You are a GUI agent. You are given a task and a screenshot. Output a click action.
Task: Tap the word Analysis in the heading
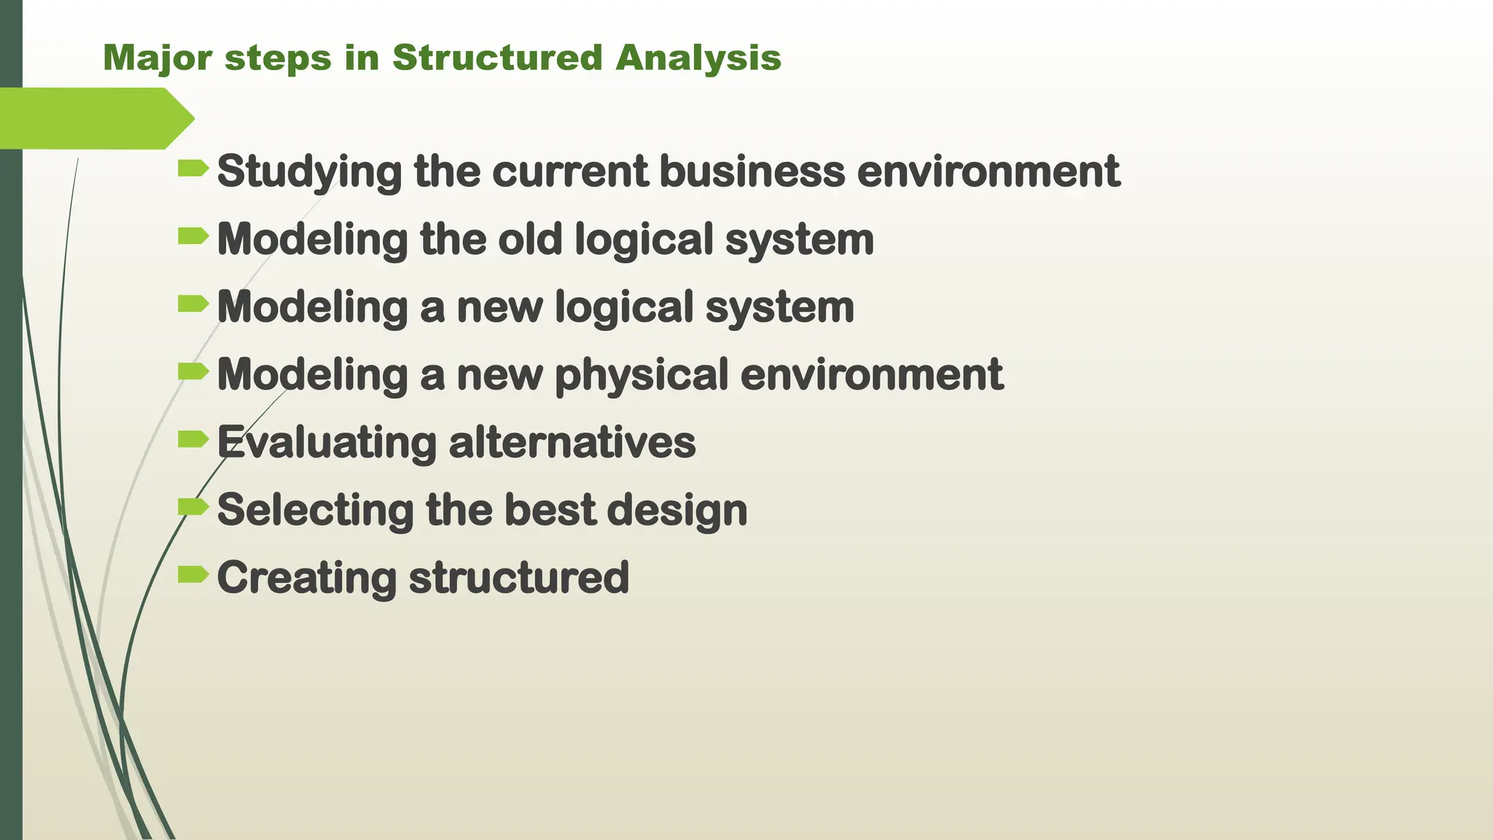click(698, 58)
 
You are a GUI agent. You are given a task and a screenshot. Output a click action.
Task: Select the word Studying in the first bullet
click(309, 171)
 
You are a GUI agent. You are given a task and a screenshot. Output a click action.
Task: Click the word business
click(752, 171)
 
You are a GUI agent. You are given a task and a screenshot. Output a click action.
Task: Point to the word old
click(530, 239)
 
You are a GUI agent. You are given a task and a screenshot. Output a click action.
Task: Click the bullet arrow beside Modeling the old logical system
click(192, 236)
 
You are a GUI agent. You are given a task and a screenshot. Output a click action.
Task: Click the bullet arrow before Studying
click(192, 169)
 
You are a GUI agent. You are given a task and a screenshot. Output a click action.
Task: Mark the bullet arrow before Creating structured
click(192, 575)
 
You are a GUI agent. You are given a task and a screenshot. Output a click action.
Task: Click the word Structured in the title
click(497, 58)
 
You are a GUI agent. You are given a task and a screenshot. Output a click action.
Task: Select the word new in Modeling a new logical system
click(499, 307)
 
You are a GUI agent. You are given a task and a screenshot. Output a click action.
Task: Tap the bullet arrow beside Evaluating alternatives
click(192, 439)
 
